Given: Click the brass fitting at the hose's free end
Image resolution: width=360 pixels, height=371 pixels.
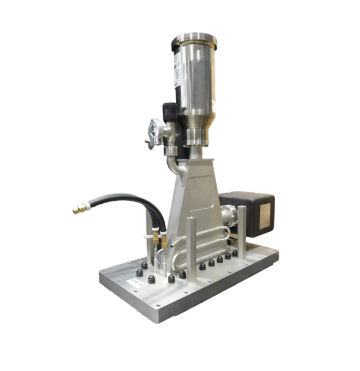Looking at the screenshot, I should coord(79,209).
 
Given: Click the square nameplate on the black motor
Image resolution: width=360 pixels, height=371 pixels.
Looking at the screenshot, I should coord(267,214).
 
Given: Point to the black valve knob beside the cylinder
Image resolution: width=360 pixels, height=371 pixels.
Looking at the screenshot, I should coord(170,111).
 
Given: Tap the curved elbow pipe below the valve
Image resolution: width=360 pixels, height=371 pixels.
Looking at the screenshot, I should coord(173,164).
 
